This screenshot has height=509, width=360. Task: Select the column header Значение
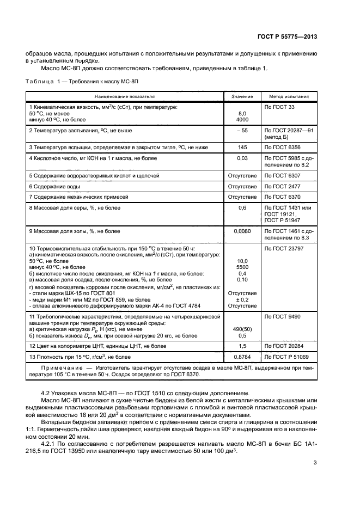pos(242,96)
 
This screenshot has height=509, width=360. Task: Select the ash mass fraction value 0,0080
pos(242,231)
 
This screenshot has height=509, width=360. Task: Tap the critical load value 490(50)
pos(242,329)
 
